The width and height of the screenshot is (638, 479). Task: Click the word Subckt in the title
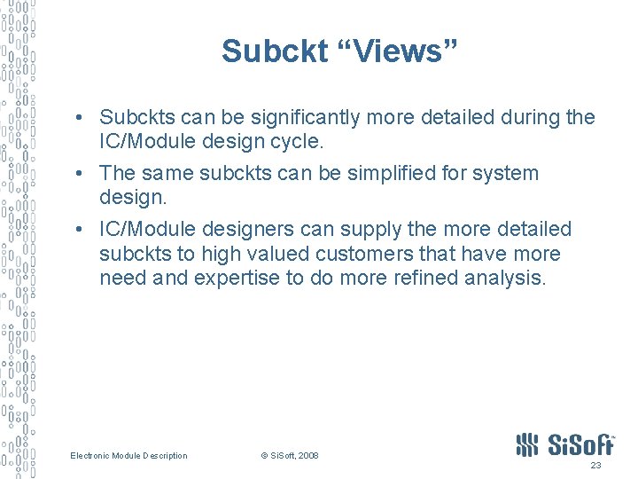click(x=275, y=51)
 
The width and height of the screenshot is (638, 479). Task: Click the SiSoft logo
click(x=565, y=444)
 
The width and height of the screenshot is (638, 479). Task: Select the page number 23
click(x=595, y=465)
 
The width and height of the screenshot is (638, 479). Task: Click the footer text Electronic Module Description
click(x=129, y=456)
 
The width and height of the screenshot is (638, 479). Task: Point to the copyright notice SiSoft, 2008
click(x=290, y=456)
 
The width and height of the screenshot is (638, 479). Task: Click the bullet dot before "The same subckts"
click(x=80, y=173)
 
